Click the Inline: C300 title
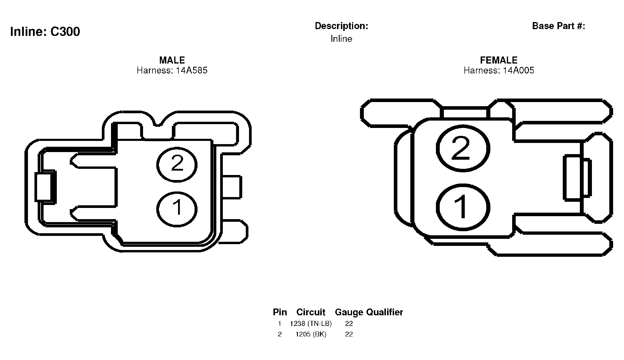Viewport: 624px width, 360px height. (45, 31)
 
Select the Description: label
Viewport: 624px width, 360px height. (341, 26)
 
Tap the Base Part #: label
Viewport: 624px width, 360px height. (559, 26)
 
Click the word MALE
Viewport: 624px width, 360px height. (172, 60)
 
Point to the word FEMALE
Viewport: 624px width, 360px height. (499, 60)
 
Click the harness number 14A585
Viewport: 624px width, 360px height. (192, 70)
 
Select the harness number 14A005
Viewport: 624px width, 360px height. (518, 70)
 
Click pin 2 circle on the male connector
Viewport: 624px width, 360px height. (177, 165)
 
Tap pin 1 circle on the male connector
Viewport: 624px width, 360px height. (177, 209)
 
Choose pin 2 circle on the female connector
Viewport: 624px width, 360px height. (463, 149)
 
